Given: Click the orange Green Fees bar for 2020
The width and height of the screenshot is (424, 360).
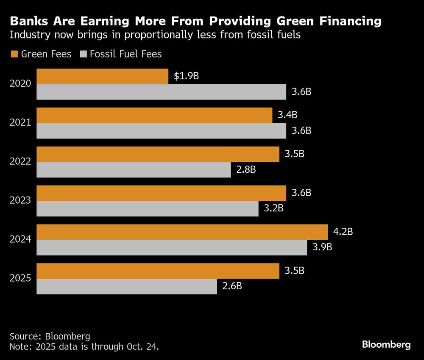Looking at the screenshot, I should tap(102, 77).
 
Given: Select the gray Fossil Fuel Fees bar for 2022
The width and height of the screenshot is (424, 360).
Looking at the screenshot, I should tap(134, 170).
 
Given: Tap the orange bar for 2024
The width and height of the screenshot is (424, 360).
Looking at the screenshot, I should tap(182, 232).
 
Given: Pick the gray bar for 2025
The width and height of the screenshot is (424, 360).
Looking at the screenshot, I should tap(126, 286).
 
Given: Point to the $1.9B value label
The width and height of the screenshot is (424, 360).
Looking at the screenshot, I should tap(187, 77).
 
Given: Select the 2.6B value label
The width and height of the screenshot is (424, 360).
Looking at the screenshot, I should tap(232, 286).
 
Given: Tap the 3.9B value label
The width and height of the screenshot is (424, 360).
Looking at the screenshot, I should tap(322, 247).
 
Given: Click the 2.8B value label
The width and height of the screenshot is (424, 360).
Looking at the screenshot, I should tap(246, 170).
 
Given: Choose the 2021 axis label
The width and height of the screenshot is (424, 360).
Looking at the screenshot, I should tap(20, 123).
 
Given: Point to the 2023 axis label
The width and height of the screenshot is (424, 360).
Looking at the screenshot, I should tap(20, 200).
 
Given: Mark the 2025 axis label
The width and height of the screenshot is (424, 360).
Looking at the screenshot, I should tap(20, 279).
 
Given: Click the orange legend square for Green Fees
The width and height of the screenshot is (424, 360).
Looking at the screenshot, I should tap(14, 54).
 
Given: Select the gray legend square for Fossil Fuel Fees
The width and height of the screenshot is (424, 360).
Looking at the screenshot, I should tap(83, 54).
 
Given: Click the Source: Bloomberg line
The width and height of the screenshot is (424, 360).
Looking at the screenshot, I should tap(50, 337).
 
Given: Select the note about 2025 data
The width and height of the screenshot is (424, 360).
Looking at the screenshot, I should tap(85, 346).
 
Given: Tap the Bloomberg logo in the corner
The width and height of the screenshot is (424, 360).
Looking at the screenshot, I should tap(386, 345).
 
